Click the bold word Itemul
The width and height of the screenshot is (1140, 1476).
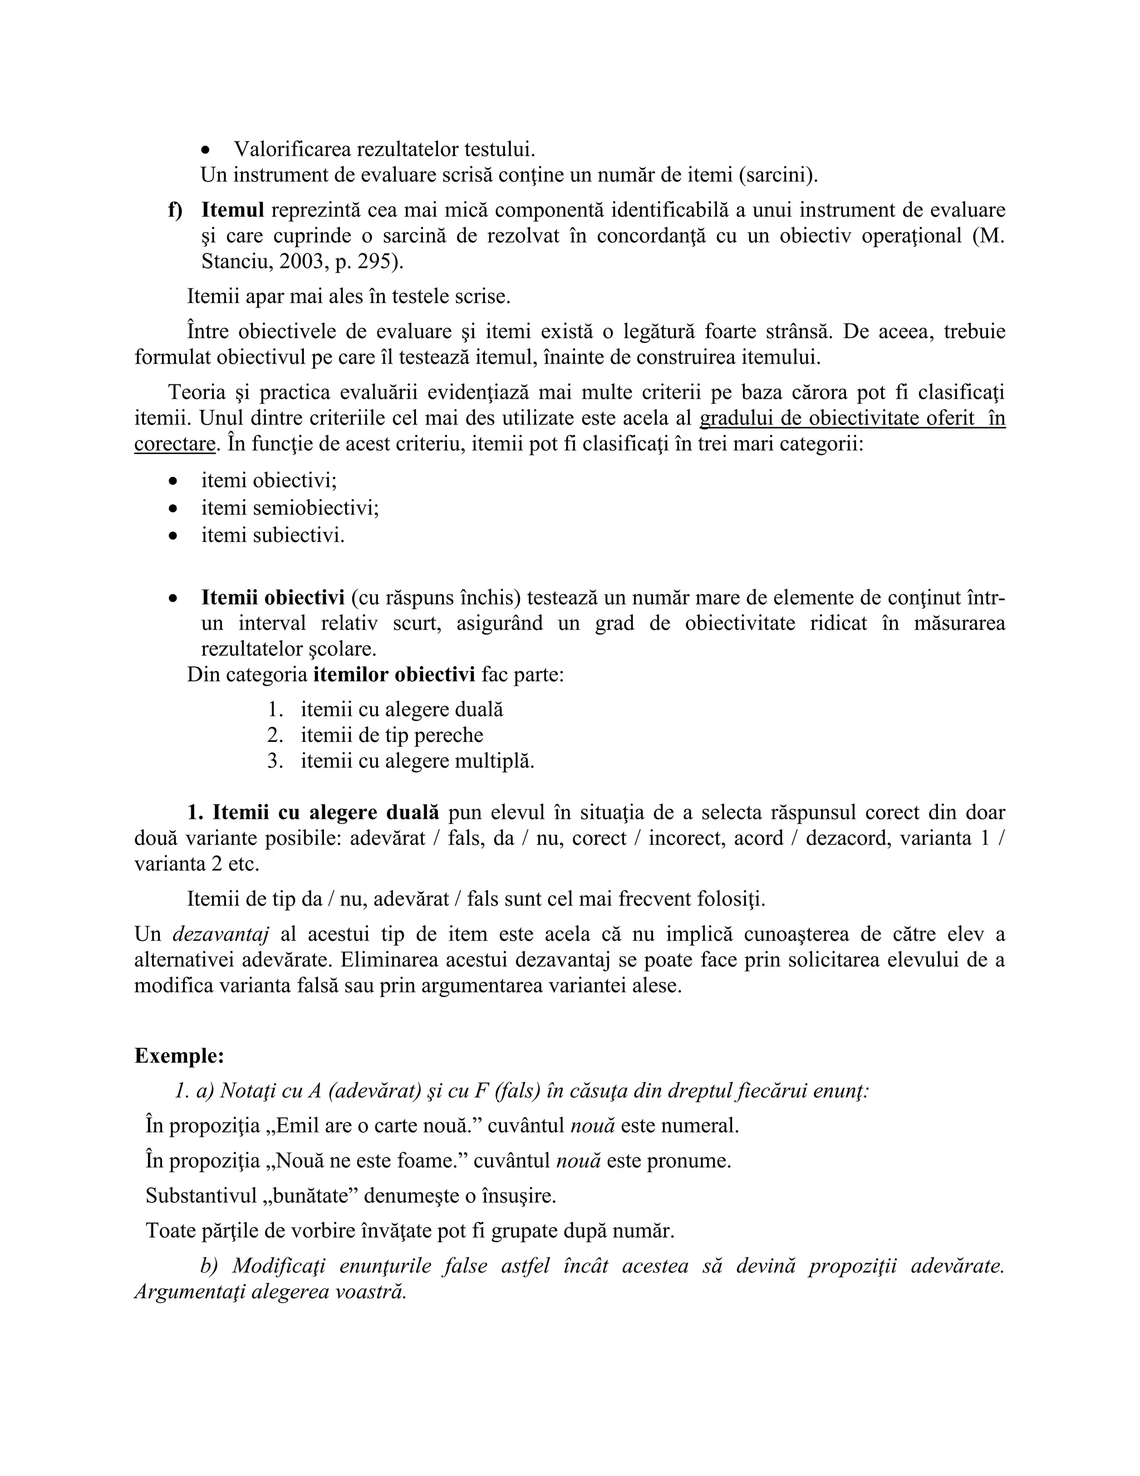232,210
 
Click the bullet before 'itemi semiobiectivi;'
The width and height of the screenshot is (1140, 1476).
174,508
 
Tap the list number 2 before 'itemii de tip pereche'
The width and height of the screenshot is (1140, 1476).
274,735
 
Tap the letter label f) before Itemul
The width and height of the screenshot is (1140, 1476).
175,210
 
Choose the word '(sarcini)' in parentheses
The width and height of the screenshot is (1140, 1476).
777,175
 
